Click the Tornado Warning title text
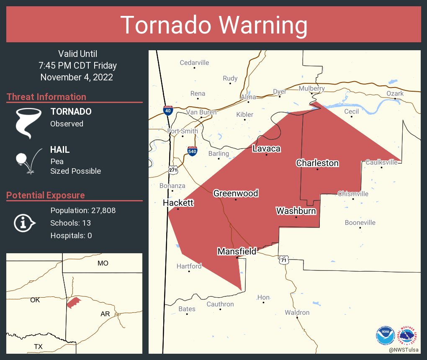click(213, 25)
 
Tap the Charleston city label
click(317, 163)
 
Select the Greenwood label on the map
click(236, 193)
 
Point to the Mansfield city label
click(237, 251)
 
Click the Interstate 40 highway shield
click(167, 110)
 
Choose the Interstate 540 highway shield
click(192, 151)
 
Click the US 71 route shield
click(284, 260)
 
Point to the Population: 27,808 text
click(83, 210)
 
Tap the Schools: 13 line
click(70, 223)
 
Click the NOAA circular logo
click(385, 335)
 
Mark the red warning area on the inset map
click(74, 302)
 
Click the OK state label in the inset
click(35, 300)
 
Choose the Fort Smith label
click(183, 131)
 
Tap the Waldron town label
click(297, 312)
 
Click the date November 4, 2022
click(77, 77)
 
